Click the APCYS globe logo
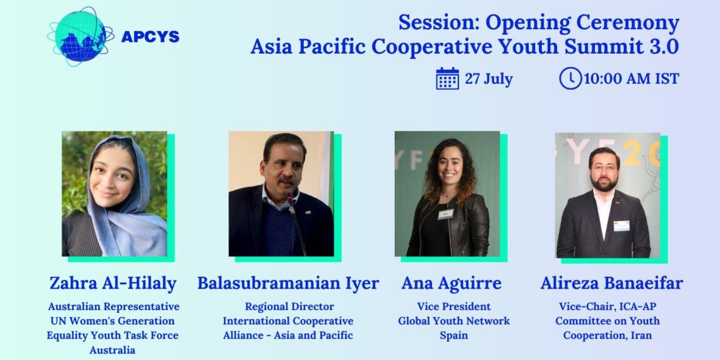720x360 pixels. click(80, 35)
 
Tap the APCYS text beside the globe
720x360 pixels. click(150, 37)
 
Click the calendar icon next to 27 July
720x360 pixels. click(447, 79)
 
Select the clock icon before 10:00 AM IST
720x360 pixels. click(570, 79)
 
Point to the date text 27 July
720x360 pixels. click(489, 79)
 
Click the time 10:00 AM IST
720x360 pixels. click(631, 79)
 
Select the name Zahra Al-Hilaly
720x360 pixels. click(113, 283)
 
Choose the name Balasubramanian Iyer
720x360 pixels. click(288, 283)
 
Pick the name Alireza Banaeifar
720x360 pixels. click(611, 283)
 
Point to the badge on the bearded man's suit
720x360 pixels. click(621, 225)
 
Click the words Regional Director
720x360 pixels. click(289, 307)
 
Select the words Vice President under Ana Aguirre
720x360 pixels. click(453, 307)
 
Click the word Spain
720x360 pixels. click(453, 335)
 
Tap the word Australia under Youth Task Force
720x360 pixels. click(112, 350)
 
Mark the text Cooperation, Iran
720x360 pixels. click(607, 335)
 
